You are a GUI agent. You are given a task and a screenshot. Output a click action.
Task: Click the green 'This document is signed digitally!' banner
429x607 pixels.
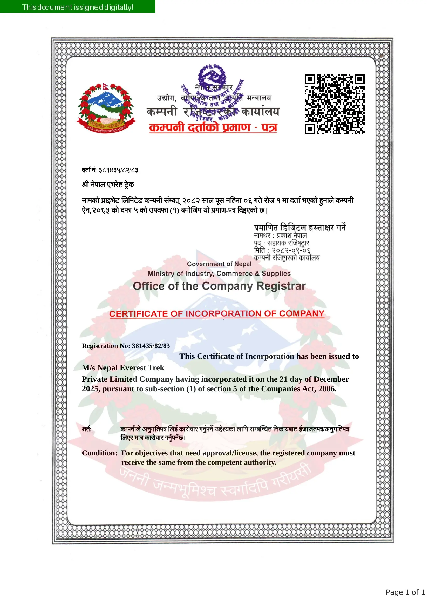tap(77, 6)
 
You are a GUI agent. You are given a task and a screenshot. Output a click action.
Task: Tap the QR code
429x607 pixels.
tap(335, 104)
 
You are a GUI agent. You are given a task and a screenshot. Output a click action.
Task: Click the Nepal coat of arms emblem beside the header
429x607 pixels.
tap(106, 108)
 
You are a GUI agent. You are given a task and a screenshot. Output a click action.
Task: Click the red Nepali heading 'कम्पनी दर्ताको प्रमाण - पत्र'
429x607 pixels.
tap(213, 127)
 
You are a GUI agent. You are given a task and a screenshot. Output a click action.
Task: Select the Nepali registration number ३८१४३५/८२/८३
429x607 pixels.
tap(118, 170)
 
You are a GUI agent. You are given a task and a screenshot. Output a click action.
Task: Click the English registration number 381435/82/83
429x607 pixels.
tap(151, 346)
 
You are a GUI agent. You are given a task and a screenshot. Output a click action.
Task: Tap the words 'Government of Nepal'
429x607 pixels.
tap(219, 264)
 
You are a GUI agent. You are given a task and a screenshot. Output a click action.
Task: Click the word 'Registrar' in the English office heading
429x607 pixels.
tap(281, 286)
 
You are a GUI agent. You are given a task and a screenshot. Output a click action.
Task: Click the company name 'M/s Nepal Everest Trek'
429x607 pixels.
tap(123, 368)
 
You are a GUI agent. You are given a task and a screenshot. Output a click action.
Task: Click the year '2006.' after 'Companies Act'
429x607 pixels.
tap(327, 389)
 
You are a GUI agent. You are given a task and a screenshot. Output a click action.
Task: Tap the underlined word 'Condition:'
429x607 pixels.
tap(100, 453)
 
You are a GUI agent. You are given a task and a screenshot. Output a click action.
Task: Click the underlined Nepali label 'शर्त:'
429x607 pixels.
tap(87, 429)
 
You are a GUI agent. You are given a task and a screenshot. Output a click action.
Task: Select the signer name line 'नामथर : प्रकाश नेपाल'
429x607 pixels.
tap(280, 236)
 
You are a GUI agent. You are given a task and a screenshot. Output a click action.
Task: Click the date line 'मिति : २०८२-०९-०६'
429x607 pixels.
tap(282, 250)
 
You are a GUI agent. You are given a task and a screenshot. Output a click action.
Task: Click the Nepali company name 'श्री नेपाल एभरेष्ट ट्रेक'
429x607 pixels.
tap(108, 185)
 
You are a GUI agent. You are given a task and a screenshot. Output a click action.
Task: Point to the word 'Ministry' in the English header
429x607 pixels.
tap(161, 274)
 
